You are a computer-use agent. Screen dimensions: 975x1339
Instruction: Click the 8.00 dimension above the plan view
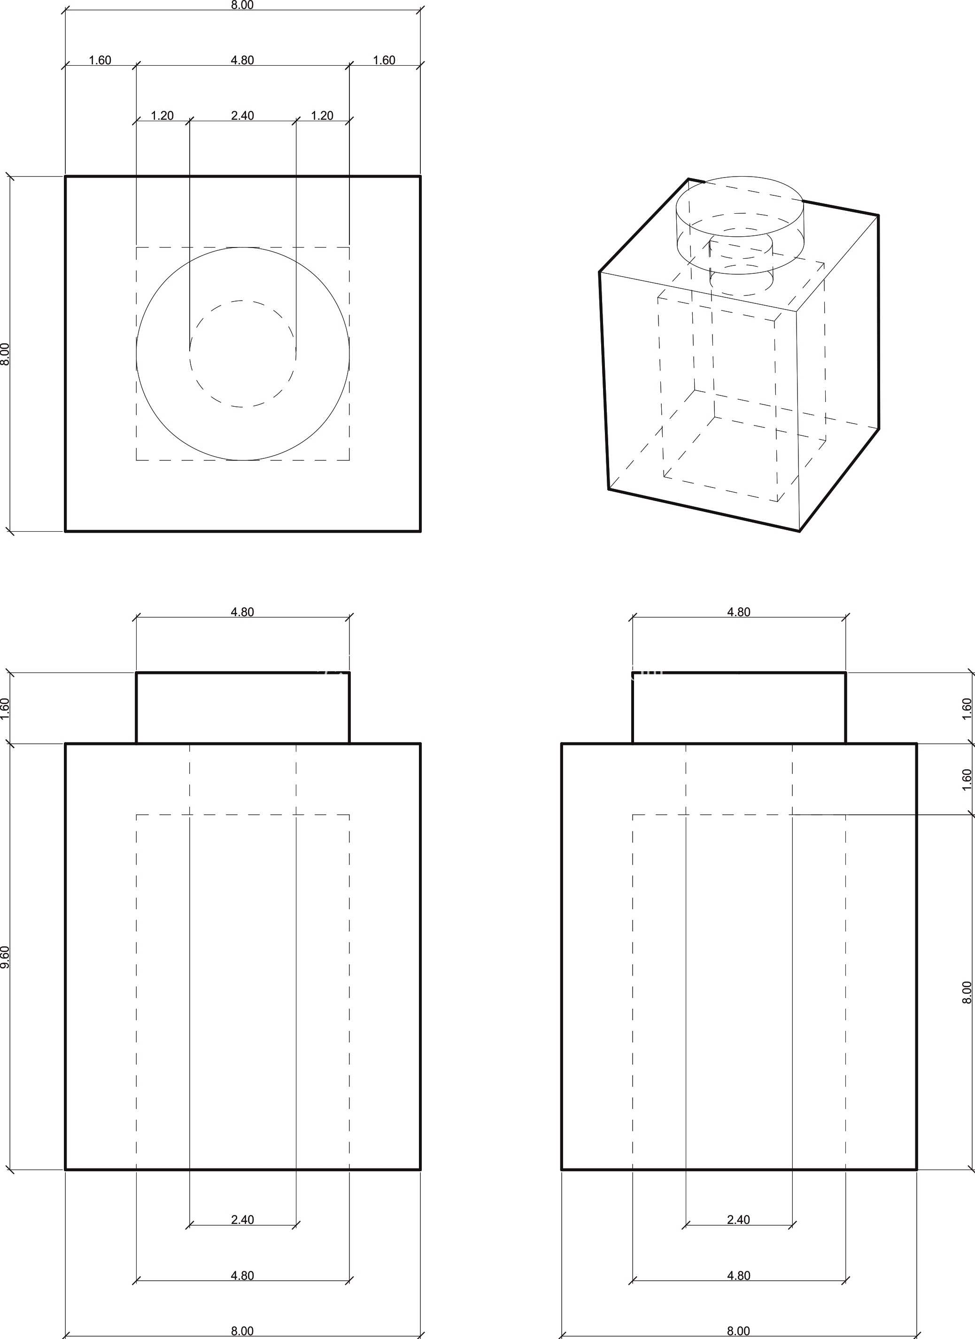[242, 5]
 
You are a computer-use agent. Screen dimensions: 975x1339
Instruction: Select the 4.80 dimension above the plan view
[242, 60]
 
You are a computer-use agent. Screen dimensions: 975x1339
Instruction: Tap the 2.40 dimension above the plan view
[242, 116]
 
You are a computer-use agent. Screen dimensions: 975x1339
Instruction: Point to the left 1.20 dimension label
[162, 116]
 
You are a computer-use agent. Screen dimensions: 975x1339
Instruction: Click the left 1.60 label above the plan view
[100, 60]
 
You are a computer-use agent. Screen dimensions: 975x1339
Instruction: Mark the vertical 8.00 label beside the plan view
[5, 354]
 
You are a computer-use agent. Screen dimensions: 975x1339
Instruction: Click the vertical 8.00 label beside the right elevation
[967, 992]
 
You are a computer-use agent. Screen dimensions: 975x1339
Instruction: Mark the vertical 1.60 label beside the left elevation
[5, 708]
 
